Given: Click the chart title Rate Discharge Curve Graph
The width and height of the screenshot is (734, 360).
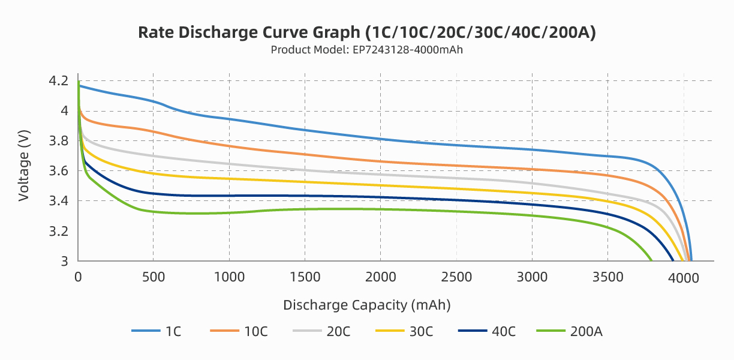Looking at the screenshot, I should tap(366, 32).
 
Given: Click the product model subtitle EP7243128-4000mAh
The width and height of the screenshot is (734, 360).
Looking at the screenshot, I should tap(366, 50).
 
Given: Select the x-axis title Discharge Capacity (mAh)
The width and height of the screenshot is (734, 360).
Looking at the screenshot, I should tap(366, 305).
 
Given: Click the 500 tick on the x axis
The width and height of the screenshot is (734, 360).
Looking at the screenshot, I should tap(154, 277).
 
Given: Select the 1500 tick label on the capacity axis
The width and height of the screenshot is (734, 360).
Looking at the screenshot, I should tap(305, 277).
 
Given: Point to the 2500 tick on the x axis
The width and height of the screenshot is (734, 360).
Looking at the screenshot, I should tap(456, 277).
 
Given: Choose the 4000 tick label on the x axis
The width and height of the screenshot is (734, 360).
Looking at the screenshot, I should tap(683, 277).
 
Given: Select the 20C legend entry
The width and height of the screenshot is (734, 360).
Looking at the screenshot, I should tap(321, 331).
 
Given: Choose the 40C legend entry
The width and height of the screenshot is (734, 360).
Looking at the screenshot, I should tap(486, 331).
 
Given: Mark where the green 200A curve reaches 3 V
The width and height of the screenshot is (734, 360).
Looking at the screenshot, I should tap(651, 260).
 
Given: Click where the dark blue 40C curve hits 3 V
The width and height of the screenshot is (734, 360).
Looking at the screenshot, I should tap(673, 260).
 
